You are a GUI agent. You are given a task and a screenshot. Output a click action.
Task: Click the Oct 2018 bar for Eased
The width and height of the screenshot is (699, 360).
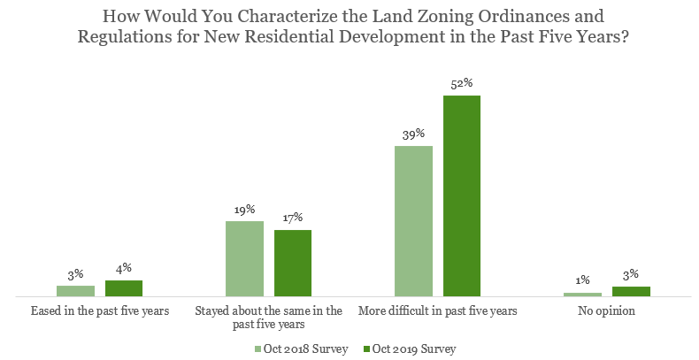[x=75, y=291]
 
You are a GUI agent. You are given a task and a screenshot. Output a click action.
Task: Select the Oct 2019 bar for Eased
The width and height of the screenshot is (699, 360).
[x=124, y=288]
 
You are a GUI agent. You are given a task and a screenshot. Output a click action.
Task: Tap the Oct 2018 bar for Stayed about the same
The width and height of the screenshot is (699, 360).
[x=244, y=258]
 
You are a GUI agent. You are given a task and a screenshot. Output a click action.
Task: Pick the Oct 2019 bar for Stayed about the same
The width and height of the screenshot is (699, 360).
[x=293, y=263]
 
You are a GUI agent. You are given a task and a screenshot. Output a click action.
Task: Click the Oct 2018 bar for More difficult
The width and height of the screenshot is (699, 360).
[x=413, y=221]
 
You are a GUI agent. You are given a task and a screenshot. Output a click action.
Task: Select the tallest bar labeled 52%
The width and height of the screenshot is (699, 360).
[x=462, y=195]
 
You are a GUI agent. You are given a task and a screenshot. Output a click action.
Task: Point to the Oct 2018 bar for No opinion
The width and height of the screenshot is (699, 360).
[x=582, y=295]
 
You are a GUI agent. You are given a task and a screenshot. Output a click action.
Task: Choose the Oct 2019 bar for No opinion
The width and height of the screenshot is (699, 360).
[x=631, y=291]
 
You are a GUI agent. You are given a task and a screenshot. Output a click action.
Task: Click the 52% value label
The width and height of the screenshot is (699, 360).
[x=462, y=84]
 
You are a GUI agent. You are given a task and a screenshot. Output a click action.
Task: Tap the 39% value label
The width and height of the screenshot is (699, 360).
[x=413, y=134]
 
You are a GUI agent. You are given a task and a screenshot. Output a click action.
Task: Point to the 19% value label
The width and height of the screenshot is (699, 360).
[x=244, y=210]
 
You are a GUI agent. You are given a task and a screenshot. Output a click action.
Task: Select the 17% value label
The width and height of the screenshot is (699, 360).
[x=293, y=218]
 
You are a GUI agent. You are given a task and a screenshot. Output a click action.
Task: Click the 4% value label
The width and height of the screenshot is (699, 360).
[x=124, y=269]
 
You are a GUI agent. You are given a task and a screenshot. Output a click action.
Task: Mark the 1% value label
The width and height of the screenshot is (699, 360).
[x=582, y=280]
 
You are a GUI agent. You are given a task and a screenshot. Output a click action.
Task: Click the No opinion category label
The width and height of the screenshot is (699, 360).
[x=606, y=311]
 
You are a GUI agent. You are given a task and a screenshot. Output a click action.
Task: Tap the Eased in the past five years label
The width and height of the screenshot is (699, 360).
[x=100, y=311]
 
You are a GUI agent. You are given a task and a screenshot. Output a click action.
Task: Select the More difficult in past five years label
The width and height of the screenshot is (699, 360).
[x=437, y=311]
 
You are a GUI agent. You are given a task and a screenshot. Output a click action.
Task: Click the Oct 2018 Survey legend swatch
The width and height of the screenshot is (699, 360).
[x=259, y=349]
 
